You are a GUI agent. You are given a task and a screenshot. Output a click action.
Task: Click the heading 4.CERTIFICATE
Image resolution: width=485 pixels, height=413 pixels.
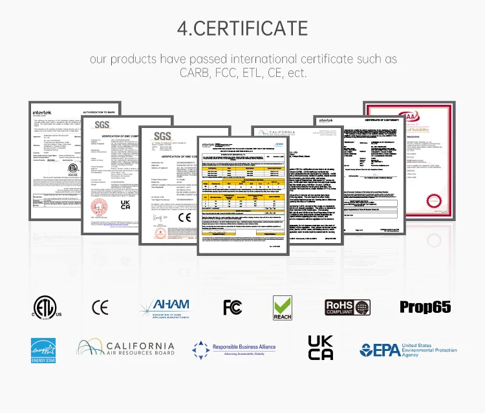tap(242, 28)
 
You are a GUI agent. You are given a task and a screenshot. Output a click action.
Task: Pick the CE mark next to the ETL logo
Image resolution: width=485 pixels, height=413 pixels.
tap(100, 307)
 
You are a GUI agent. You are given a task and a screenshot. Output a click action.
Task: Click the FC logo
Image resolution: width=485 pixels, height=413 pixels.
tap(232, 307)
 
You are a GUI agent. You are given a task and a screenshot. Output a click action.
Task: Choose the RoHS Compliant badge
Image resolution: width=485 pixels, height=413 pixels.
tap(347, 307)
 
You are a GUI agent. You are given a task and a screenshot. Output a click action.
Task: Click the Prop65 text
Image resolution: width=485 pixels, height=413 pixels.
tap(425, 307)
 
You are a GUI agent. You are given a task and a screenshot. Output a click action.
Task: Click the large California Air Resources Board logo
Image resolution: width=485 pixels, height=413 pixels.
tap(126, 349)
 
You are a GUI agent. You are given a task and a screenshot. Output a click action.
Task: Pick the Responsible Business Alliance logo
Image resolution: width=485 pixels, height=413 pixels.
tap(234, 350)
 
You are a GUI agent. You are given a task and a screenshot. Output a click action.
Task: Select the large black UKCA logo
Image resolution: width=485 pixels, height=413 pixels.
tap(320, 348)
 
